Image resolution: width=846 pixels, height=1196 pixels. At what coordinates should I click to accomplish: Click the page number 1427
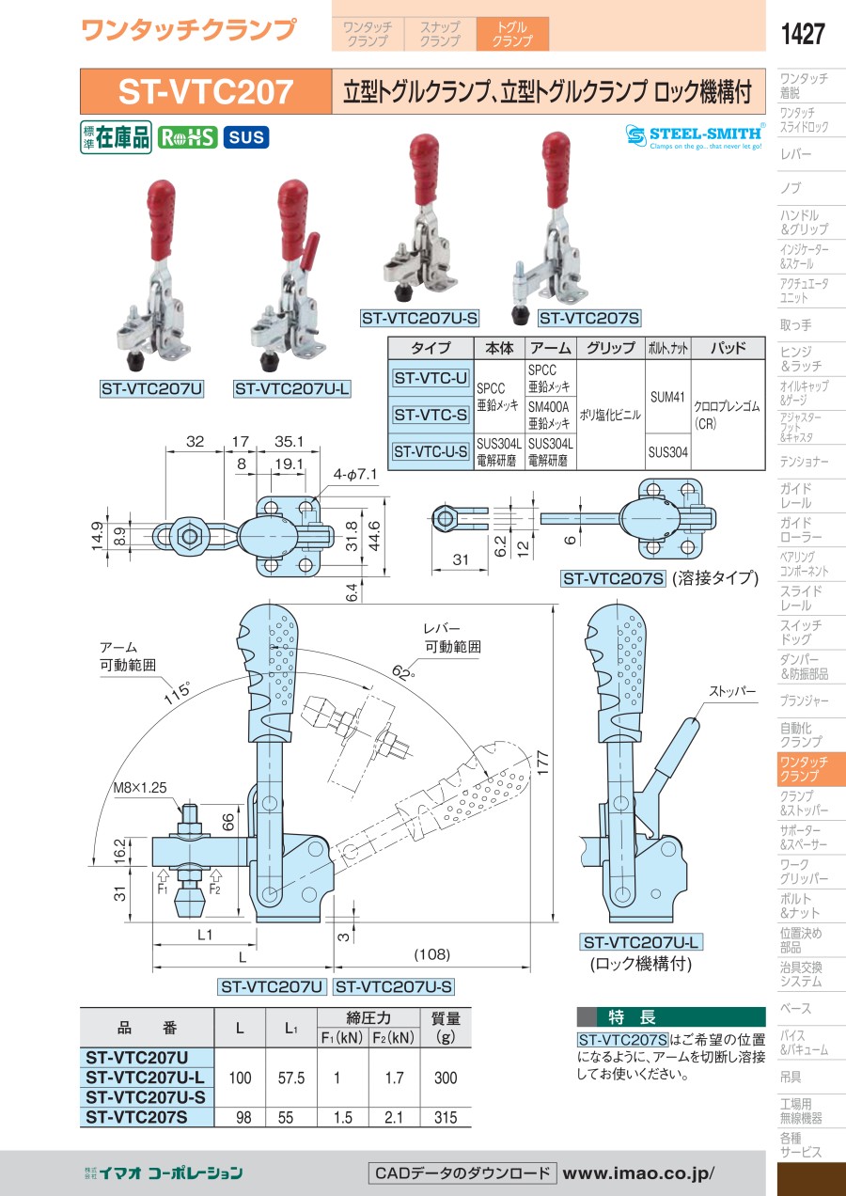click(802, 35)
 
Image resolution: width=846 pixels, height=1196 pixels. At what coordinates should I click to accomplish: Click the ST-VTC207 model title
click(206, 92)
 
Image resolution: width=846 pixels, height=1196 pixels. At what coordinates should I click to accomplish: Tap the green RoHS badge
click(187, 137)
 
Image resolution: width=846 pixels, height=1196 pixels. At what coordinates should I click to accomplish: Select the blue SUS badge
click(245, 137)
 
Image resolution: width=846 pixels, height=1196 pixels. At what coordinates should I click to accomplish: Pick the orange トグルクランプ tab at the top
click(512, 35)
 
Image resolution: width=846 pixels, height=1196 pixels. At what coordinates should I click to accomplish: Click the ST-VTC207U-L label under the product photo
click(291, 387)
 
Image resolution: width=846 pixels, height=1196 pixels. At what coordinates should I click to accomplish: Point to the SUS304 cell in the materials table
click(667, 451)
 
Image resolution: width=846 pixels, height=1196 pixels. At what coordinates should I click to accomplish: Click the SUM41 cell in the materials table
click(667, 397)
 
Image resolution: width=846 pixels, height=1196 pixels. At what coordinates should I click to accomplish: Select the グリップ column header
click(609, 348)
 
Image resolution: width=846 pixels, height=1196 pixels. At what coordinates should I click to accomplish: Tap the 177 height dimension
click(562, 760)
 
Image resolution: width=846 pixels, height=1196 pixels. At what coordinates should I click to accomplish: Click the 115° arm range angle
click(177, 691)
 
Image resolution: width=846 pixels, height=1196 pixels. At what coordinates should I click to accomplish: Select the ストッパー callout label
click(733, 691)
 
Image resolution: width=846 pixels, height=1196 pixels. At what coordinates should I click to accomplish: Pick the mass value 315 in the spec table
click(446, 1117)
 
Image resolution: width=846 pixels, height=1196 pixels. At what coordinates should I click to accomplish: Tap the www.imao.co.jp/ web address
click(638, 1172)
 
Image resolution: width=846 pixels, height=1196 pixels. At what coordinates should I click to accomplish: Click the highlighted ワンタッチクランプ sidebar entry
click(803, 768)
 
